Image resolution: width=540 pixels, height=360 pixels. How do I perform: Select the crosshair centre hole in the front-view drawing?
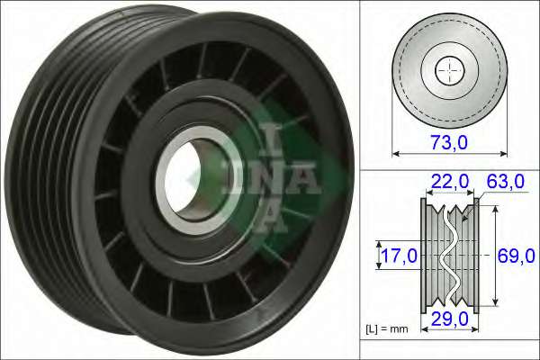tap(446, 69)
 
